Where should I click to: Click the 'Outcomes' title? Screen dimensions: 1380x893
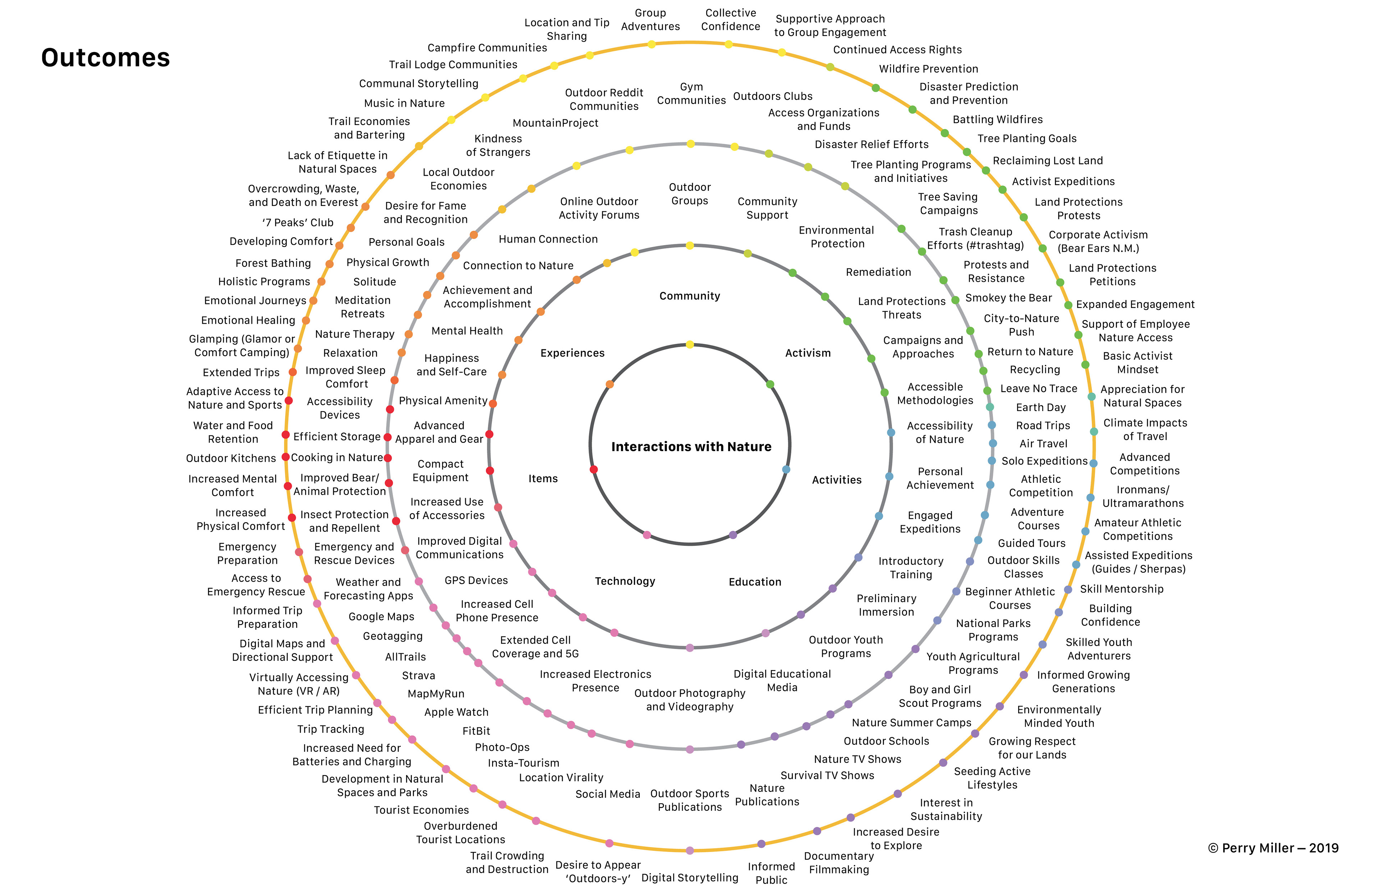tap(106, 58)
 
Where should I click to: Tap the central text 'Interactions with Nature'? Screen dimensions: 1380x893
tap(691, 446)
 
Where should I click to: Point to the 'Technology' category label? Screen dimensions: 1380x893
tap(625, 581)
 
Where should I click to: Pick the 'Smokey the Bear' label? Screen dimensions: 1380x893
tap(1008, 298)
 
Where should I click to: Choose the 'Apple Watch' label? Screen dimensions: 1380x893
tap(456, 712)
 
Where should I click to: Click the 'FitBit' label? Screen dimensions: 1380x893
tap(476, 731)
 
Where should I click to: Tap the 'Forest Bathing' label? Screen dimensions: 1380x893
tap(273, 263)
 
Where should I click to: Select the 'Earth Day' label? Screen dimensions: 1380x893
tap(1041, 408)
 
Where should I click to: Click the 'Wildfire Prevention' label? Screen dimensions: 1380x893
tap(928, 69)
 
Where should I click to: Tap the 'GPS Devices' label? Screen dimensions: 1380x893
tap(476, 580)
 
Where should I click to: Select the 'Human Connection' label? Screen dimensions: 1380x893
tap(548, 239)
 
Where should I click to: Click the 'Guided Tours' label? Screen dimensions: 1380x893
tap(1031, 543)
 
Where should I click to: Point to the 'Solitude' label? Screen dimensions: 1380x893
tap(374, 282)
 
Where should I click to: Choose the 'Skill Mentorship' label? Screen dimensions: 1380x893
tap(1121, 589)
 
